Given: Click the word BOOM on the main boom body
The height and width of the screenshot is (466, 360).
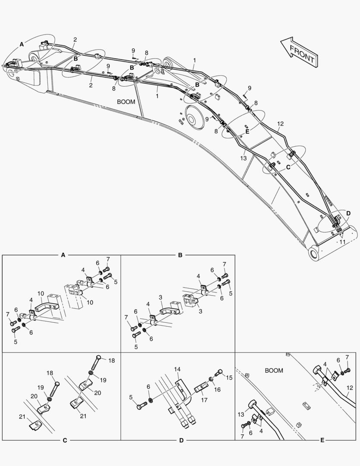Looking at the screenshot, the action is tap(126, 102).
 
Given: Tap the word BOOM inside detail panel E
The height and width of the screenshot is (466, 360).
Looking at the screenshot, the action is tap(274, 371).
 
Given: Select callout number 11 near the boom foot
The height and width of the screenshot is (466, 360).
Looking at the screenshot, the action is tap(342, 242).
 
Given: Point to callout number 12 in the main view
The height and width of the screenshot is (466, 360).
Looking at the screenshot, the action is tap(280, 124).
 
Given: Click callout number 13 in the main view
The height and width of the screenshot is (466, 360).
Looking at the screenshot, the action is tap(243, 158).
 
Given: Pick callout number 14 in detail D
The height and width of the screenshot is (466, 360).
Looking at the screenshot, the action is tap(177, 369).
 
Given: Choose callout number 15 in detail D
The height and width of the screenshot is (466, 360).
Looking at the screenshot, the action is tap(229, 378).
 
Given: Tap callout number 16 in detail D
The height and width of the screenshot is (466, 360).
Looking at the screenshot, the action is tap(217, 389).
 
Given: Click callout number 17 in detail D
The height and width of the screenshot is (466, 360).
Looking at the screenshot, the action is tap(204, 400).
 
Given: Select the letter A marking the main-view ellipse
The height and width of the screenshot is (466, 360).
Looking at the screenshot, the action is tap(22, 44).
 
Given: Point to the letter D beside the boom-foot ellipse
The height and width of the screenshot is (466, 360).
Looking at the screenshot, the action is tap(348, 214).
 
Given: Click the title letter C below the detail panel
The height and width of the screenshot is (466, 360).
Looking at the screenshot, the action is tap(65, 441).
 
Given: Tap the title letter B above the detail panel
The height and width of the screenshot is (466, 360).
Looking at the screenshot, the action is tap(180, 255).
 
